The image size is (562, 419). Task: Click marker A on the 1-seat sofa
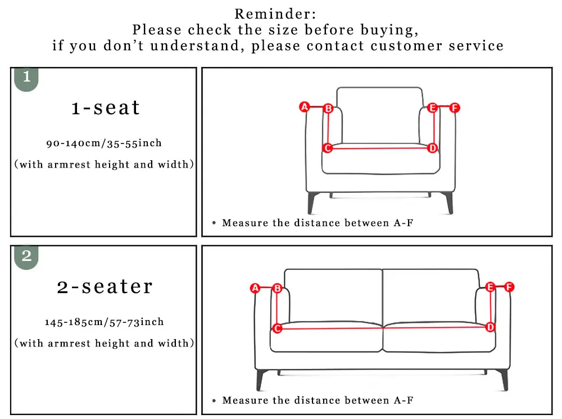(305, 106)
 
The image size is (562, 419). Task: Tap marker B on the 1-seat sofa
(328, 108)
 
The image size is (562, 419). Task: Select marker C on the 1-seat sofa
(327, 148)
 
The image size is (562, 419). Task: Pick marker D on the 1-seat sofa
(432, 148)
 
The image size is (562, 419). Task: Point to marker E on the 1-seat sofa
(432, 108)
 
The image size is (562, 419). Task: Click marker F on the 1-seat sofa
(455, 107)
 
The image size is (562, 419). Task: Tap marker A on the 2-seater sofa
(255, 288)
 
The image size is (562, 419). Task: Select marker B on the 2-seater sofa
(277, 288)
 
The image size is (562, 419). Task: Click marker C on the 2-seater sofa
(277, 328)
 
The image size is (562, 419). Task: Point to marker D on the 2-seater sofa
(491, 327)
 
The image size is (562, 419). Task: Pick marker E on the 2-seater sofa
(490, 287)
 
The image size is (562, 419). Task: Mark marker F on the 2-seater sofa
(509, 287)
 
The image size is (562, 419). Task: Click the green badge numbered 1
(26, 78)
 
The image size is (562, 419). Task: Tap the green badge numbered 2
(26, 257)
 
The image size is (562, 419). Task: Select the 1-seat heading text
(105, 107)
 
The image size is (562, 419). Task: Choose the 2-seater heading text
(105, 286)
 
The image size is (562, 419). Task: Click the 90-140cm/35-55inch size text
(104, 143)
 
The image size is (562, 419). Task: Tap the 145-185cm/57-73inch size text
(105, 322)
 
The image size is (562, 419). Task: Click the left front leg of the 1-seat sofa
(311, 202)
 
